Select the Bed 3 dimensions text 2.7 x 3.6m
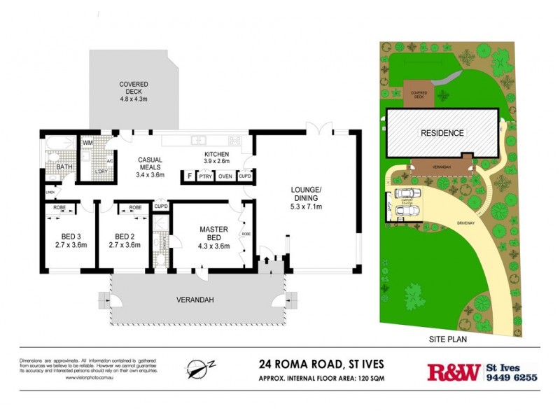69,245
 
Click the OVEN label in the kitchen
225,177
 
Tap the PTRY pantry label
205,177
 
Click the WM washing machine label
87,143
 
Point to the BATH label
64,167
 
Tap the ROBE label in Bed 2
135,208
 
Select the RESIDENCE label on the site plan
441,132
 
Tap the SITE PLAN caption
447,339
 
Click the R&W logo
454,371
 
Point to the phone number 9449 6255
512,377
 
